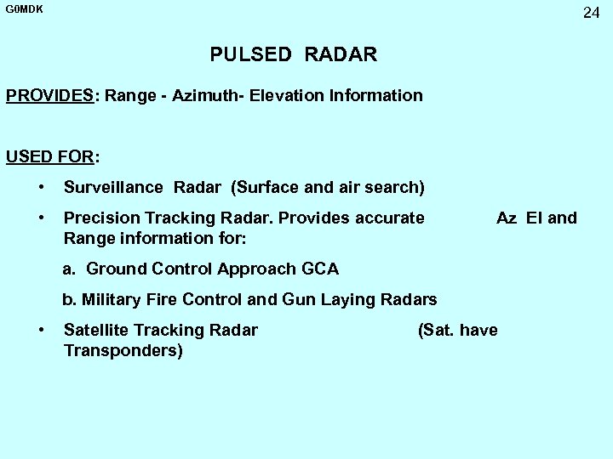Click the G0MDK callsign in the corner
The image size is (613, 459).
pyautogui.click(x=24, y=9)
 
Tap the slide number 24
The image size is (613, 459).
pyautogui.click(x=592, y=13)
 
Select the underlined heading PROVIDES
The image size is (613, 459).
pyautogui.click(x=49, y=96)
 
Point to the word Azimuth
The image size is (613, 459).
pyautogui.click(x=204, y=96)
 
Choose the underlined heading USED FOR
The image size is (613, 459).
pyautogui.click(x=49, y=157)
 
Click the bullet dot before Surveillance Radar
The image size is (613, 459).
pyautogui.click(x=41, y=186)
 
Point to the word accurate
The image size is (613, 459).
pyautogui.click(x=387, y=218)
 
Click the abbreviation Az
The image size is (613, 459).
pyautogui.click(x=507, y=218)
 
